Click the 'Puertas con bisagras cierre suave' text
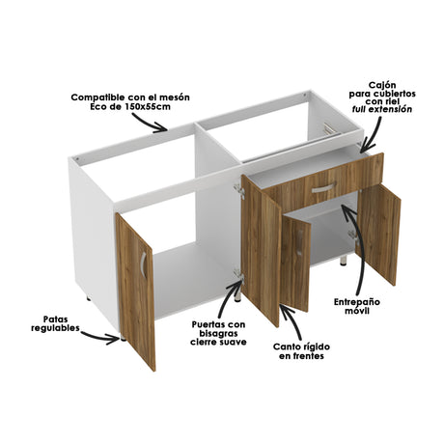click(218, 333)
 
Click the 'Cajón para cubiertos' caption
click(389, 92)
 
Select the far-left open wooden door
click(135, 290)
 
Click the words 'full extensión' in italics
click(390, 109)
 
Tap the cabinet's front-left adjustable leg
click(123, 339)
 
